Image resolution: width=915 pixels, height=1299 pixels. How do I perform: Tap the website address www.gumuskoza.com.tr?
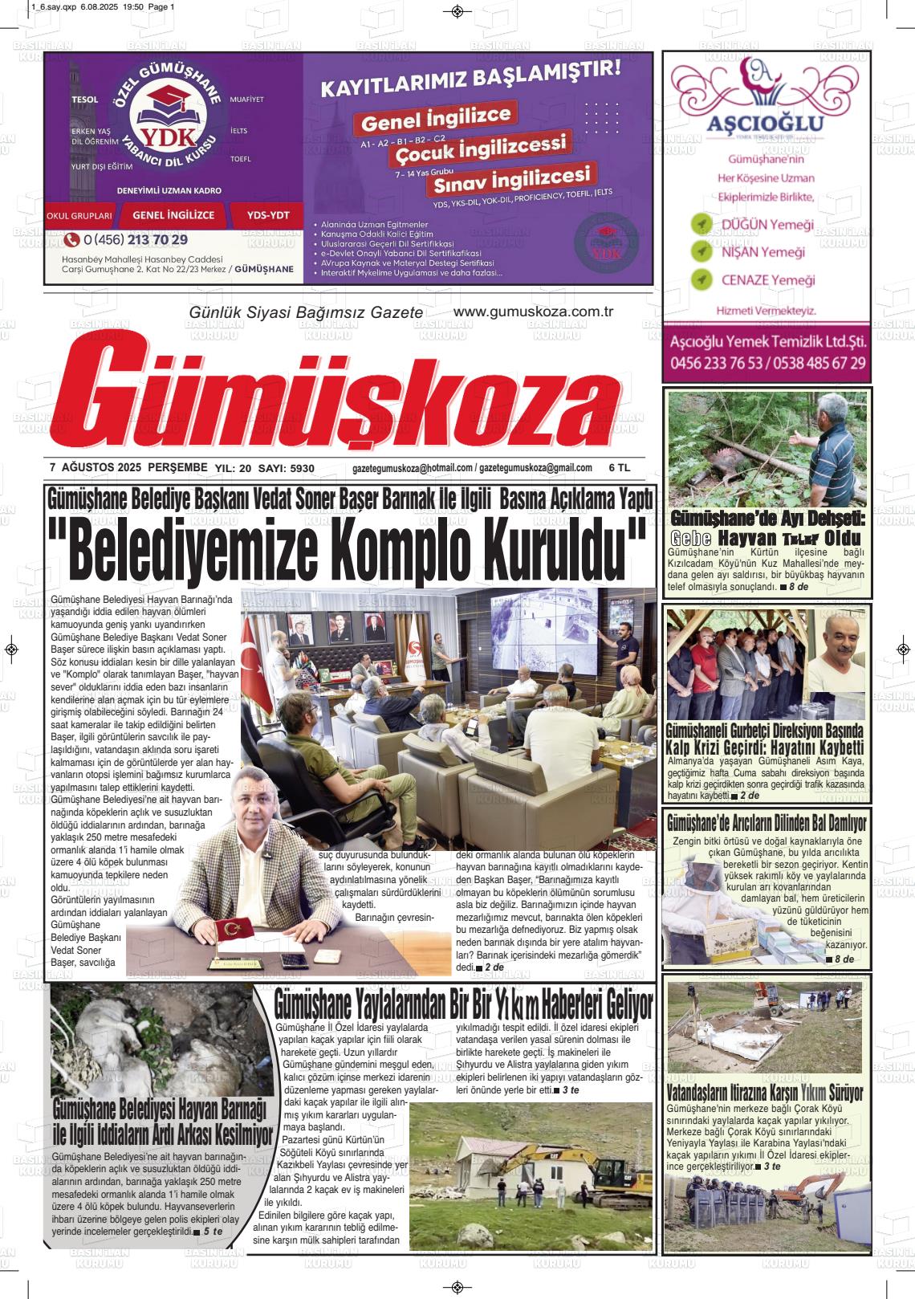pyautogui.click(x=533, y=312)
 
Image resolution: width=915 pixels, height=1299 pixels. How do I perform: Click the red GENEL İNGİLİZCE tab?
pyautogui.click(x=173, y=215)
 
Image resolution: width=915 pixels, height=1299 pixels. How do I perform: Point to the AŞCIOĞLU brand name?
pyautogui.click(x=765, y=124)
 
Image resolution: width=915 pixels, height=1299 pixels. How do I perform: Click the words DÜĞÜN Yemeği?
pyautogui.click(x=768, y=224)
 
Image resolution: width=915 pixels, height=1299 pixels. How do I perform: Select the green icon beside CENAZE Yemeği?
pyautogui.click(x=701, y=279)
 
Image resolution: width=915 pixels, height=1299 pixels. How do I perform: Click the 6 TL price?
pyautogui.click(x=620, y=468)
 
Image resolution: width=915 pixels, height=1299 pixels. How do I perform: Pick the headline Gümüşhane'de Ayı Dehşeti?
pyautogui.click(x=766, y=517)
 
